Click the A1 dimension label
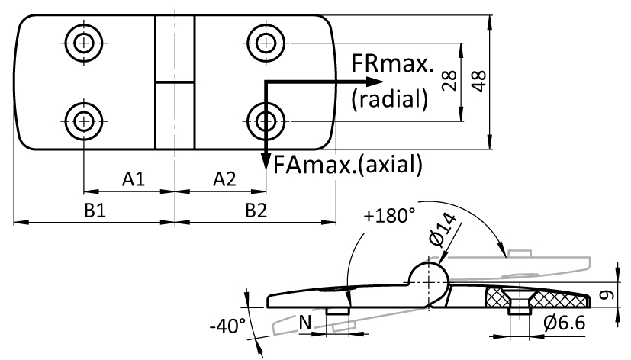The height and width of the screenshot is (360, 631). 134,179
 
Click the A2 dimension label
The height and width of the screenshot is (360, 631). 224,179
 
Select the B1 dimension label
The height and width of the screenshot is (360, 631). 95,210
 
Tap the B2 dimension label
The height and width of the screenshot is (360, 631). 256,210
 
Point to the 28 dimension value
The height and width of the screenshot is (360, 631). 449,80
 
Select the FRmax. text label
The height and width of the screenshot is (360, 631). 393,63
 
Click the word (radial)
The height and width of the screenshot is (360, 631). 390,98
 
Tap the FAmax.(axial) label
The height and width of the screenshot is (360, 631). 348,165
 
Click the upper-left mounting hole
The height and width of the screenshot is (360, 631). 83,43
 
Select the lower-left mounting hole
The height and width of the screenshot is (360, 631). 83,121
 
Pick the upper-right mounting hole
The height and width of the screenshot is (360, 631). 266,43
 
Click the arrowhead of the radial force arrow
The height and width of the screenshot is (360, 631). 375,82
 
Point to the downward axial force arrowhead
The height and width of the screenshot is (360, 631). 266,162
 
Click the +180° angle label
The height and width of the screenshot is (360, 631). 389,216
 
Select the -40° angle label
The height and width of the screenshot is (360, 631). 228,326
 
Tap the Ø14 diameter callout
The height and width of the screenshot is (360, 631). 443,230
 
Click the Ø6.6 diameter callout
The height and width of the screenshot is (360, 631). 564,323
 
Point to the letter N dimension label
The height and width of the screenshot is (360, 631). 305,322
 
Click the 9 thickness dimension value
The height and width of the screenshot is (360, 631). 607,295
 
